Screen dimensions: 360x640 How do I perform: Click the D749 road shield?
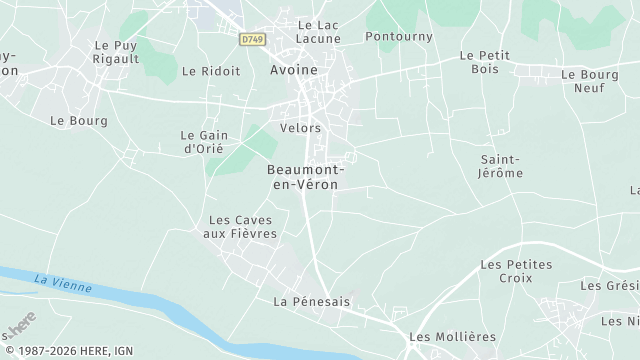click(x=251, y=38)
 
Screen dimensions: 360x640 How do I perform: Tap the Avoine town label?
click(x=293, y=70)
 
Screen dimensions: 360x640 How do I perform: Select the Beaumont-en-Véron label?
click(x=304, y=177)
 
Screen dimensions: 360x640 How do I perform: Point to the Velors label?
click(x=301, y=128)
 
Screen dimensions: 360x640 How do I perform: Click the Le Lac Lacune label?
click(x=319, y=31)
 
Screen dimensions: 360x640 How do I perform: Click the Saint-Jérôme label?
click(x=501, y=165)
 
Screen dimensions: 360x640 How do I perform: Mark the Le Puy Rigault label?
click(x=114, y=52)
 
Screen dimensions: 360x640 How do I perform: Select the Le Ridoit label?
click(x=211, y=72)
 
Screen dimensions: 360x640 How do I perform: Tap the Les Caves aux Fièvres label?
click(x=239, y=226)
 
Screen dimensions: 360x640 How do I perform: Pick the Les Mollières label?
click(x=452, y=337)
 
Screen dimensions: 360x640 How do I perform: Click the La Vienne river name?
click(x=61, y=283)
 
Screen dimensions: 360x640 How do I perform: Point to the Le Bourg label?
click(x=71, y=119)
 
